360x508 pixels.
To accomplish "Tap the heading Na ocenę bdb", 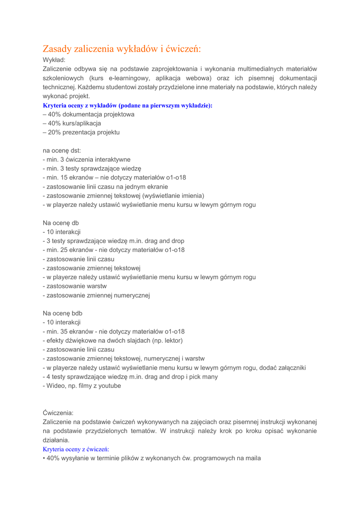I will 63,314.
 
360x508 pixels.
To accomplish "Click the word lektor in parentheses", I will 172,340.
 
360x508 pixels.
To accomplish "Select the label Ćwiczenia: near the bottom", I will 58,412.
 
